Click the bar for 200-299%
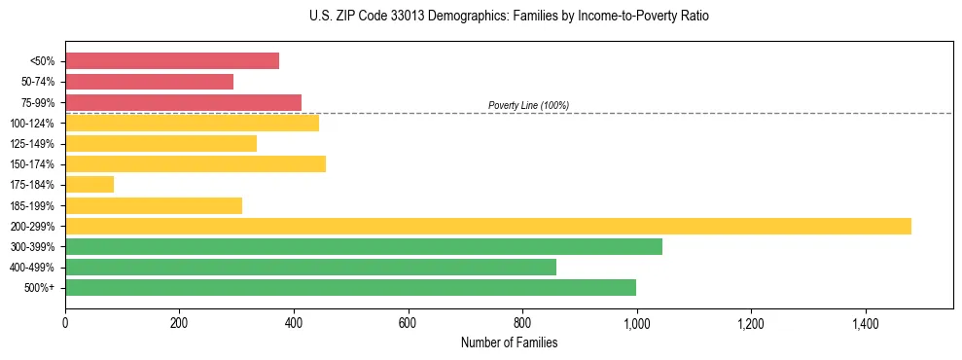(x=487, y=226)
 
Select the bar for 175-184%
(x=89, y=184)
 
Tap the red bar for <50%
(x=172, y=61)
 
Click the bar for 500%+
(x=350, y=287)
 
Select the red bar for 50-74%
(x=149, y=82)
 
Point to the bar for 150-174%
(x=196, y=163)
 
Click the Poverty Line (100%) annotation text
(x=528, y=105)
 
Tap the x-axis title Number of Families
(x=509, y=342)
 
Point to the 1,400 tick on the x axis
(x=865, y=322)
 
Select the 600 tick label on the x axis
(x=408, y=322)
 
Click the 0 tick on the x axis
(x=65, y=322)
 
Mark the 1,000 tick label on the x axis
(x=636, y=322)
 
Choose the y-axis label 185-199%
(x=34, y=205)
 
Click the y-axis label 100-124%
(x=34, y=124)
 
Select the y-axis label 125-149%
(x=34, y=144)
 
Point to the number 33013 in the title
(x=427, y=17)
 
